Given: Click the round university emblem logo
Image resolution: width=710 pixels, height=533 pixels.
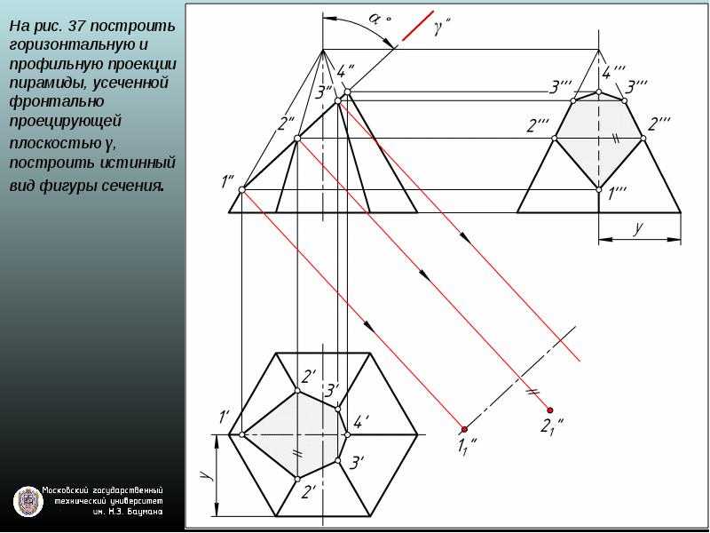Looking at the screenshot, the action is pyautogui.click(x=28, y=501).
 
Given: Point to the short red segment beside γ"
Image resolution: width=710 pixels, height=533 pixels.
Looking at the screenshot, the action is pyautogui.click(x=418, y=26).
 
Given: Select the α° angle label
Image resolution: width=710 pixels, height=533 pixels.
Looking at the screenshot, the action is pyautogui.click(x=379, y=18).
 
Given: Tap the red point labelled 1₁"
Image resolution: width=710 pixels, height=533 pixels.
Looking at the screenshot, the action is pyautogui.click(x=464, y=429).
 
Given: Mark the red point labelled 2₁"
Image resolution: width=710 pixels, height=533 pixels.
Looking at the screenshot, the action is pyautogui.click(x=549, y=410).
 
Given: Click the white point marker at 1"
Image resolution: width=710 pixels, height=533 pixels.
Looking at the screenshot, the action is pyautogui.click(x=241, y=190).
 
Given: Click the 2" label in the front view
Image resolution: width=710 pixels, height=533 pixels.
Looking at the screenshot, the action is pyautogui.click(x=286, y=123).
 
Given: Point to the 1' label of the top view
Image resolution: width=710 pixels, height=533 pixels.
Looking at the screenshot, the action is pyautogui.click(x=225, y=417).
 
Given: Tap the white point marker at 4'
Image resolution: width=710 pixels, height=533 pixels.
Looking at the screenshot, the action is pyautogui.click(x=347, y=434).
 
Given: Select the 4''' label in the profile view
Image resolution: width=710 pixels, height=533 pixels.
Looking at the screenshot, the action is pyautogui.click(x=613, y=72).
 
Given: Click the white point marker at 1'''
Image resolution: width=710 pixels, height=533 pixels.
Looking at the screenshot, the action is pyautogui.click(x=598, y=190).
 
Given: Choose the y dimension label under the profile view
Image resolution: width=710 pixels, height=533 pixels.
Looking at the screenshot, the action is pyautogui.click(x=638, y=227).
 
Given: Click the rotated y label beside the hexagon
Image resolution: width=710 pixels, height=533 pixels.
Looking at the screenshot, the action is pyautogui.click(x=206, y=474).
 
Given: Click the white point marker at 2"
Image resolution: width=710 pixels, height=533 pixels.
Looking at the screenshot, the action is pyautogui.click(x=297, y=139).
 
